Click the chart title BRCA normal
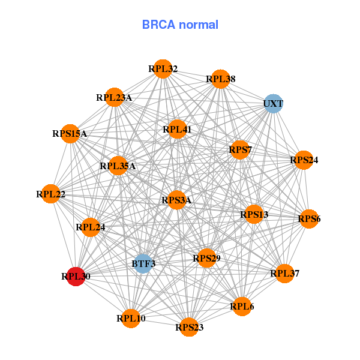point(180,25)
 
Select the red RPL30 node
point(76,276)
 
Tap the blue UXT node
point(273,103)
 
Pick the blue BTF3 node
point(143,263)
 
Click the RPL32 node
point(162,68)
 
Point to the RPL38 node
point(220,79)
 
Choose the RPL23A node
point(115,97)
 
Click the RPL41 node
point(176,129)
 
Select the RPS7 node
point(239,149)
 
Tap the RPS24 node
point(304,160)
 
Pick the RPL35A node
point(118,166)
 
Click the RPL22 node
point(52,194)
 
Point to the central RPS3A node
point(176,200)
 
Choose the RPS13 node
point(254,214)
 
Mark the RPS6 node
point(308,219)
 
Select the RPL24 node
point(91,227)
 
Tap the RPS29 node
point(206,258)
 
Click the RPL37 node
point(284,274)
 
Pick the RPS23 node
point(189,327)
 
